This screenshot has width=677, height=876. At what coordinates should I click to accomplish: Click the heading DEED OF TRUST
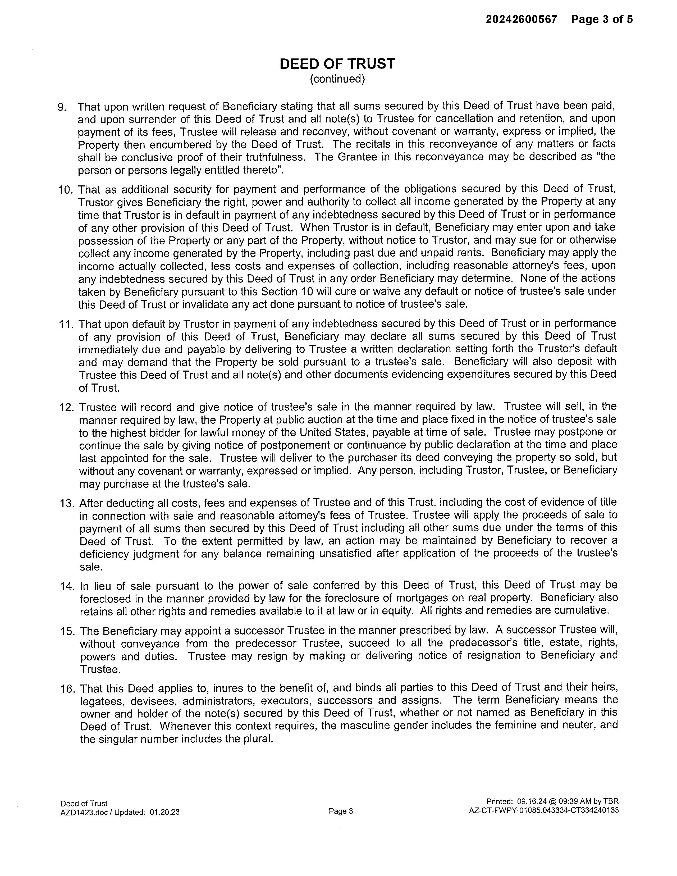(337, 64)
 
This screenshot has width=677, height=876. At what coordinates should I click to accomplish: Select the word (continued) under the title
(337, 79)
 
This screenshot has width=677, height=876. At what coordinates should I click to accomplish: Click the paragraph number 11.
(65, 324)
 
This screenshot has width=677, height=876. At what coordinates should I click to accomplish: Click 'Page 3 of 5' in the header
(602, 19)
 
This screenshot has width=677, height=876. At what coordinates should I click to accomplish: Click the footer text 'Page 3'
(341, 811)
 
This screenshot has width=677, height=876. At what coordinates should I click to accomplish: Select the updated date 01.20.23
(164, 812)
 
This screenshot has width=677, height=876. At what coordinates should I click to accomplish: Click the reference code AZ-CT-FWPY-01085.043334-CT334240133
(543, 810)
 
